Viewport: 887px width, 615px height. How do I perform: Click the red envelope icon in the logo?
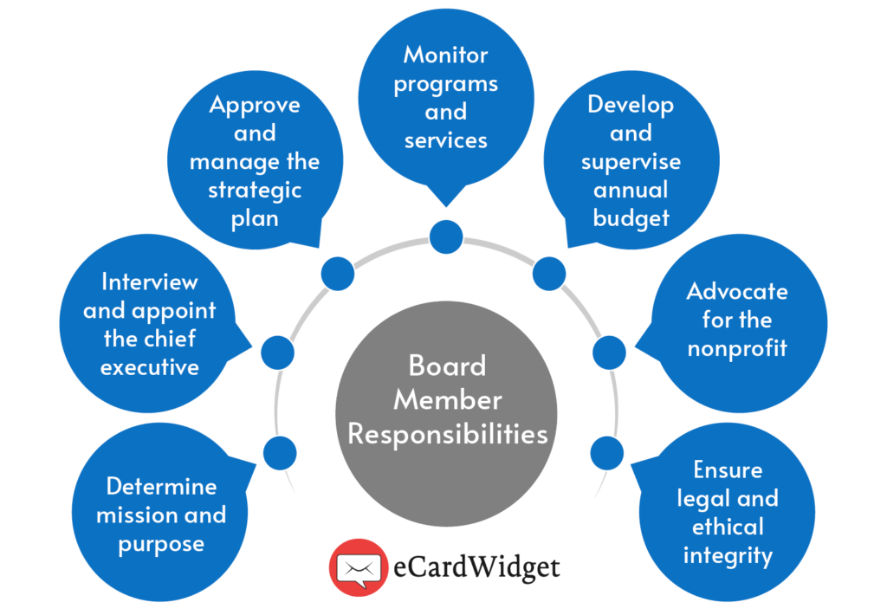(358, 567)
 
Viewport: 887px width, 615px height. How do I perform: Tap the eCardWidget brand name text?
(475, 568)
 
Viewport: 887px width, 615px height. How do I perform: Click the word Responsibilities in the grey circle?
(447, 433)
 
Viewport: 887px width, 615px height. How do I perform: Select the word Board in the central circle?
(447, 366)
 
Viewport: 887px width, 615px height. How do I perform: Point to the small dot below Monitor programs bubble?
(446, 236)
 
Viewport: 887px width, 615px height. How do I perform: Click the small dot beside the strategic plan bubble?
(337, 274)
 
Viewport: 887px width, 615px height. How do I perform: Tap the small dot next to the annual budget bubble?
(549, 273)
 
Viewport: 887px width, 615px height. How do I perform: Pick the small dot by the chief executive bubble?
(277, 351)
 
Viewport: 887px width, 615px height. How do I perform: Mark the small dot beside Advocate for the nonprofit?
(609, 352)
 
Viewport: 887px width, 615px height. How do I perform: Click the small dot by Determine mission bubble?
(280, 453)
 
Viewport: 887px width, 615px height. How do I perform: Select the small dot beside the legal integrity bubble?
(606, 452)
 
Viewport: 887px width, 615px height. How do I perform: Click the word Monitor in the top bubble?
(446, 55)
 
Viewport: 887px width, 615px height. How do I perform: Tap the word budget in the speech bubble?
(631, 217)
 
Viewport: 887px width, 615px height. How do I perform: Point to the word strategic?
(255, 190)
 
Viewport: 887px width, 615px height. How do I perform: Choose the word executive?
(149, 366)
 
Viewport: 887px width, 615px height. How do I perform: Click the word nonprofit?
(736, 348)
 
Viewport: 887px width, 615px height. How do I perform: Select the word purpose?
(161, 544)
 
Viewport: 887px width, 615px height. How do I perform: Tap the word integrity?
(728, 554)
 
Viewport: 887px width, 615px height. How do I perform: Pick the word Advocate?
(737, 291)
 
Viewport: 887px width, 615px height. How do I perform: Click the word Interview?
(149, 282)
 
